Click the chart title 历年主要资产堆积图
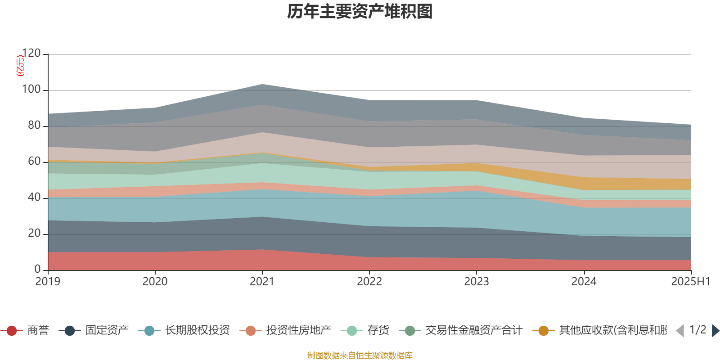pos(360,12)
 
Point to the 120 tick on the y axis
pos(31,54)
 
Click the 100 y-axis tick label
pos(31,90)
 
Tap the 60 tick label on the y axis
pos(34,162)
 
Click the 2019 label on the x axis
pos(48,282)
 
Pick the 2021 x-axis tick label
pos(262,282)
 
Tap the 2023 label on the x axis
pos(477,282)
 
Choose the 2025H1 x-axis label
pos(690,282)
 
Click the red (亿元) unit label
pos(20,66)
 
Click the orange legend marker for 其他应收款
pos(544,331)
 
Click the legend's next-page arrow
pos(715,331)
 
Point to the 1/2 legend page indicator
pos(697,330)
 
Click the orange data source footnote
pos(360,355)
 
